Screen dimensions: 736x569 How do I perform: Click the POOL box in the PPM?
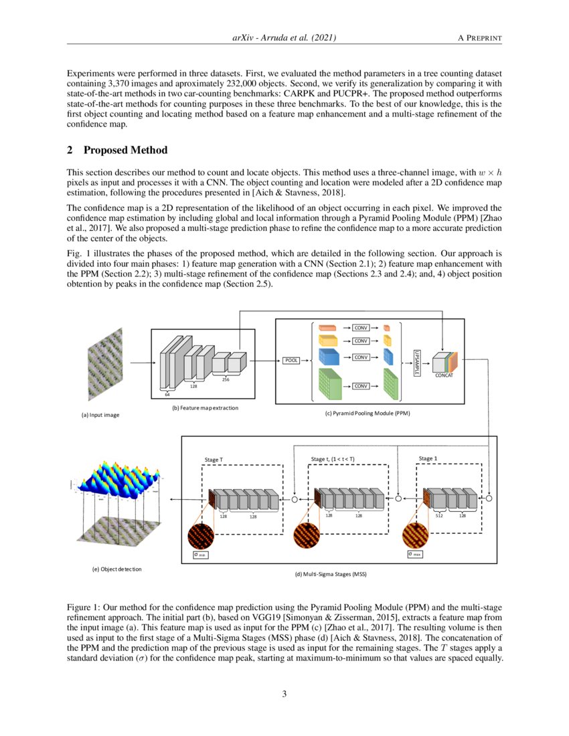tap(292, 361)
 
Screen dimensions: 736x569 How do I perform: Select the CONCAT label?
tap(444, 376)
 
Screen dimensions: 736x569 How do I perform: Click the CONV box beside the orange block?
tap(361, 328)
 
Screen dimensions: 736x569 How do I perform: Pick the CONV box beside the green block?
tap(361, 386)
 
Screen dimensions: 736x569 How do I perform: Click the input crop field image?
tap(105, 364)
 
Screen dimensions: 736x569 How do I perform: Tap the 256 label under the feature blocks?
tap(226, 380)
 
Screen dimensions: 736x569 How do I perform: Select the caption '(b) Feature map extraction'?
tap(206, 407)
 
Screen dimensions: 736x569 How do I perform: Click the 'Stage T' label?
tap(213, 460)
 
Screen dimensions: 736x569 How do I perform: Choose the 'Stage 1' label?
tap(426, 458)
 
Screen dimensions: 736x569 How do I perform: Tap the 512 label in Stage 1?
tap(440, 515)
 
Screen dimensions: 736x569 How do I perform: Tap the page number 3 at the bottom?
tap(284, 694)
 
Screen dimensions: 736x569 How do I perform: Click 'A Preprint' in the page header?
tap(479, 39)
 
